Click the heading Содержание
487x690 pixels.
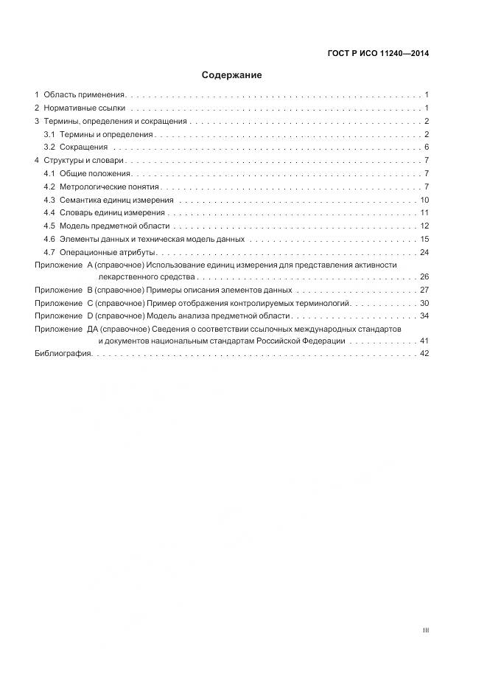pyautogui.click(x=232, y=75)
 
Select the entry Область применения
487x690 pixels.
pyautogui.click(x=84, y=95)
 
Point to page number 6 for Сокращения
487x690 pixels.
pyautogui.click(x=427, y=147)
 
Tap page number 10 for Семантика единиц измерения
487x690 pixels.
pyautogui.click(x=424, y=200)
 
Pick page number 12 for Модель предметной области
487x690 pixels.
pyautogui.click(x=424, y=226)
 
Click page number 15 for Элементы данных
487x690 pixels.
pyautogui.click(x=424, y=239)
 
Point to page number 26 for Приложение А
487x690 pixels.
pyautogui.click(x=424, y=277)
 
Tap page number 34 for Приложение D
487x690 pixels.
pyautogui.click(x=424, y=316)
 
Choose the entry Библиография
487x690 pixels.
pyautogui.click(x=63, y=354)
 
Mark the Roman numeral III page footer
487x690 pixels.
pyautogui.click(x=425, y=630)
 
